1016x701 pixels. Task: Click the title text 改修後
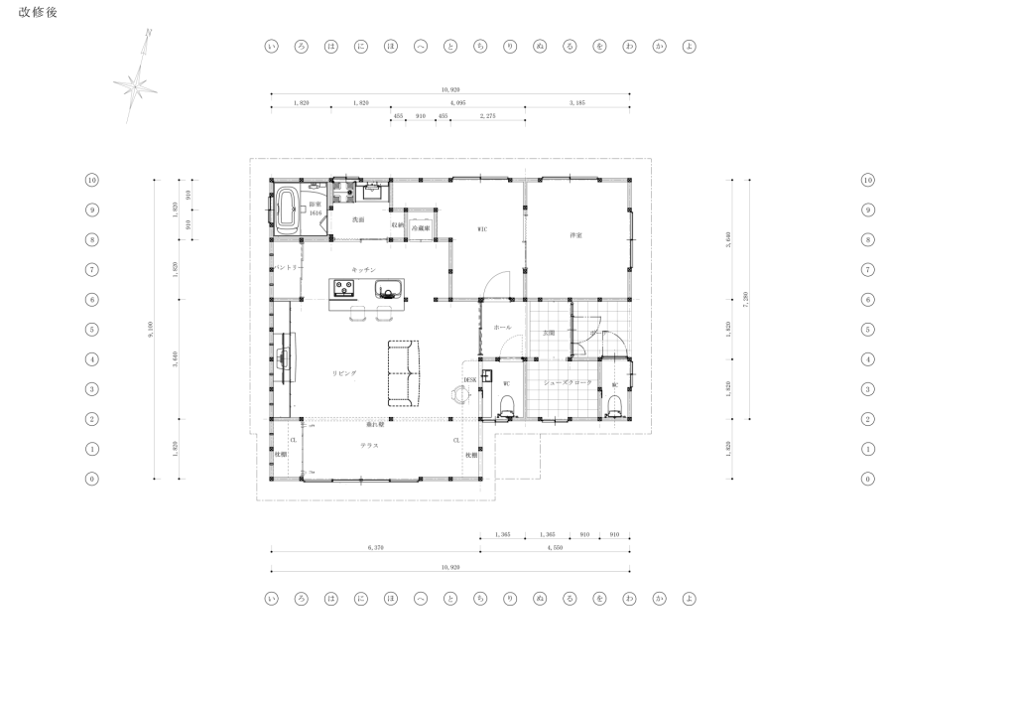[39, 12]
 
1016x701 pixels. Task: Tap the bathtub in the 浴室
[288, 210]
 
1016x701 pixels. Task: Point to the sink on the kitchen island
[388, 289]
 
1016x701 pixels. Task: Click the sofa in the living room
[404, 372]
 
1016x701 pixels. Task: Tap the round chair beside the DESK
[460, 393]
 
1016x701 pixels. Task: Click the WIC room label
[482, 229]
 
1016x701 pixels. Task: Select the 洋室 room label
[574, 235]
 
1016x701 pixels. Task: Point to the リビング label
[344, 372]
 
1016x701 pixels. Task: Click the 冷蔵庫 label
[420, 227]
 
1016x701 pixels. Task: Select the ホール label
[502, 327]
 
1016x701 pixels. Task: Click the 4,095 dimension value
[457, 102]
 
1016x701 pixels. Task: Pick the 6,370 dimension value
[375, 546]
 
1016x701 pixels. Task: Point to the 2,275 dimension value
[488, 116]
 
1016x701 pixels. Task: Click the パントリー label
[288, 269]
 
